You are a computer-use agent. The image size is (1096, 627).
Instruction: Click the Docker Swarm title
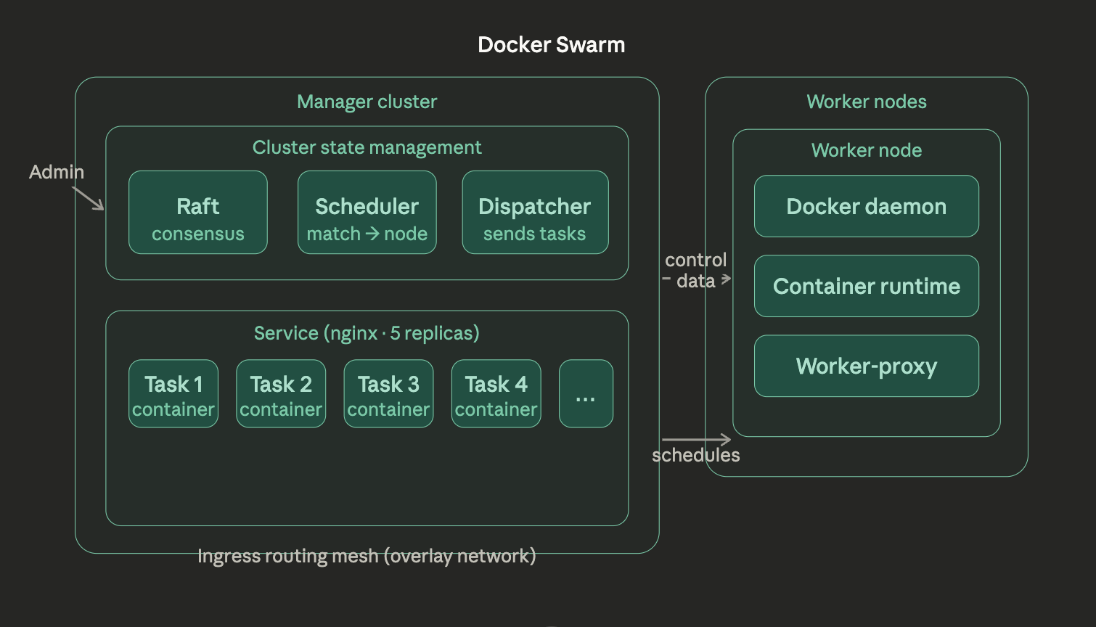[551, 45]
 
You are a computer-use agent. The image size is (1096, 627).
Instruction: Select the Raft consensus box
[198, 213]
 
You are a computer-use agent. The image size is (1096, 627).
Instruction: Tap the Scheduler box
[367, 213]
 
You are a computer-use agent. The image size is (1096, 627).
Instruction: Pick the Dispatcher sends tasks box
[535, 213]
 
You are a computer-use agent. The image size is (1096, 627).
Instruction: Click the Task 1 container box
[173, 394]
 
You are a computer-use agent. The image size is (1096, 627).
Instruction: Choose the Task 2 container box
[281, 394]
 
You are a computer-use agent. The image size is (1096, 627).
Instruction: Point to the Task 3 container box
[388, 394]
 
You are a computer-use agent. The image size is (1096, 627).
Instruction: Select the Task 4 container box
[496, 394]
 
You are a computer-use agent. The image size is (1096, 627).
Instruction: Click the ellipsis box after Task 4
[586, 394]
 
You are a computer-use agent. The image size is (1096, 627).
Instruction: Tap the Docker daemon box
[866, 207]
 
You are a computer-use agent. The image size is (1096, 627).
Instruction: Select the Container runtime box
[866, 287]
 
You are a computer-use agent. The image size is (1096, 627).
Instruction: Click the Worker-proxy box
[866, 366]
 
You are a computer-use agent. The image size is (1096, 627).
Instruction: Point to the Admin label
[57, 172]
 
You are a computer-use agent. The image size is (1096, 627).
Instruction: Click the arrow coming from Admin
[89, 198]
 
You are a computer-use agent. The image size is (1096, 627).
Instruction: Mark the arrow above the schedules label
[695, 439]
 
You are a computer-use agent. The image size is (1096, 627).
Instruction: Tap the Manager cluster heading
[367, 102]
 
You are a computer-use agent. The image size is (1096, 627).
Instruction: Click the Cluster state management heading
[367, 147]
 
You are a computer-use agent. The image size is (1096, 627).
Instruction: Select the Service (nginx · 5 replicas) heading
[367, 333]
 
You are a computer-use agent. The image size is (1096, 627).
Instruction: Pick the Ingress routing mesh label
[367, 557]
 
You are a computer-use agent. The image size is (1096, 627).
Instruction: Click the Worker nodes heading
[866, 102]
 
